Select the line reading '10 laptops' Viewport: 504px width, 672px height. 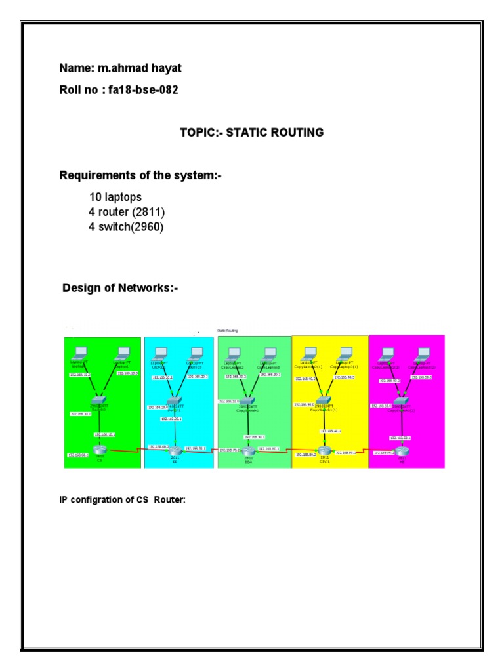pyautogui.click(x=115, y=197)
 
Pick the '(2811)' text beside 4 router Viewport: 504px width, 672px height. pyautogui.click(x=150, y=212)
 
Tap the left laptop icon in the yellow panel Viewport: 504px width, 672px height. pyautogui.click(x=308, y=352)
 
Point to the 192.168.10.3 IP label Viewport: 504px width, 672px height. pyautogui.click(x=127, y=373)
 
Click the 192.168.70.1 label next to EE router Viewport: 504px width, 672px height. pyautogui.click(x=196, y=448)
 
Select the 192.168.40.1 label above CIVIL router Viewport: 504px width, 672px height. pyautogui.click(x=330, y=431)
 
